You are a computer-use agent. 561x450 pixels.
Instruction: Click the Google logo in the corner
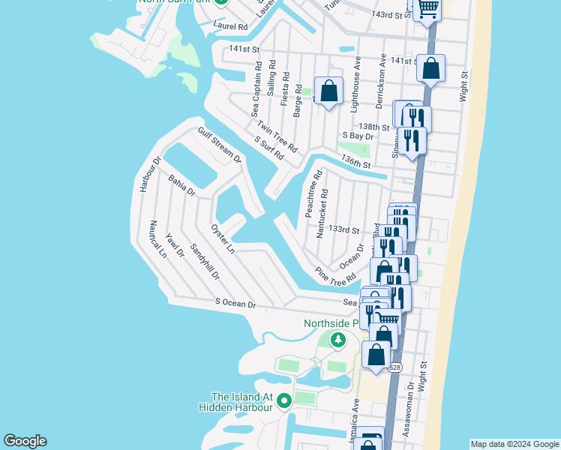(x=25, y=441)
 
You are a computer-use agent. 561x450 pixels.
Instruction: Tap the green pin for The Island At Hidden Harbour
(x=284, y=402)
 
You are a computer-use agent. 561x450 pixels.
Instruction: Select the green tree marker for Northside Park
(x=338, y=341)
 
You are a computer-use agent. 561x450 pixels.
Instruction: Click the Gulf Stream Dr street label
(x=219, y=145)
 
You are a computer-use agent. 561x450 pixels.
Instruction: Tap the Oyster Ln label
(x=223, y=238)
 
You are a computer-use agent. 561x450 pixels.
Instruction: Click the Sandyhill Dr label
(x=204, y=262)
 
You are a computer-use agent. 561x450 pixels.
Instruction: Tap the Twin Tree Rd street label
(x=277, y=136)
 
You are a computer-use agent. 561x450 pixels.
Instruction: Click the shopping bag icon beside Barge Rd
(x=328, y=91)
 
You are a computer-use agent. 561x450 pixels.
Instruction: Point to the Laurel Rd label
(x=229, y=25)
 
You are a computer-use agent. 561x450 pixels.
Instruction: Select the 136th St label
(x=355, y=161)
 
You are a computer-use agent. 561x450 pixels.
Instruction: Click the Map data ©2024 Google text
(x=514, y=444)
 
